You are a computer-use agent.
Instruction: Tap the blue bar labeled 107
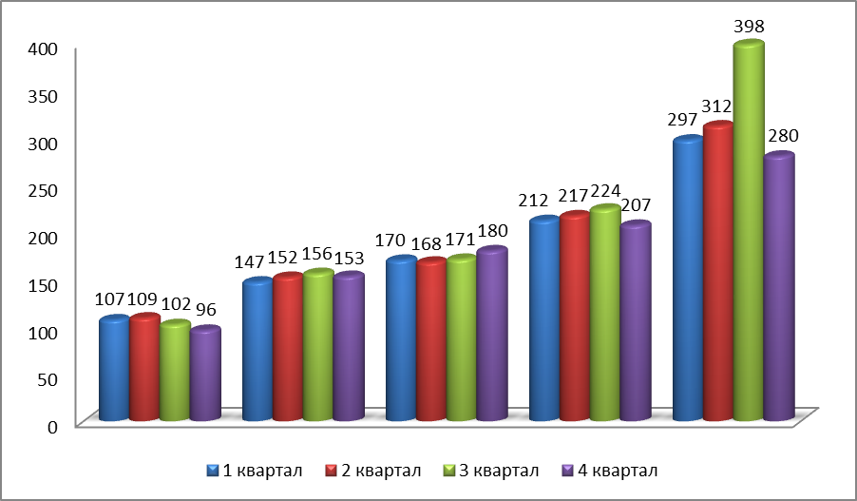[114, 370]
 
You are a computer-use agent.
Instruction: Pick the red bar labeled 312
[718, 272]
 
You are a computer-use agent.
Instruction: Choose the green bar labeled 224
[605, 314]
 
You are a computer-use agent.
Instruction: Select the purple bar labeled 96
[205, 375]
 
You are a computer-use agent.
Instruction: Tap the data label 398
[749, 25]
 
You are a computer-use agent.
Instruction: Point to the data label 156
[317, 254]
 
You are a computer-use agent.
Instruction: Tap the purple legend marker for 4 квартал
[568, 470]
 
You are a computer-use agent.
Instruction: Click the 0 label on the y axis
[54, 426]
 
